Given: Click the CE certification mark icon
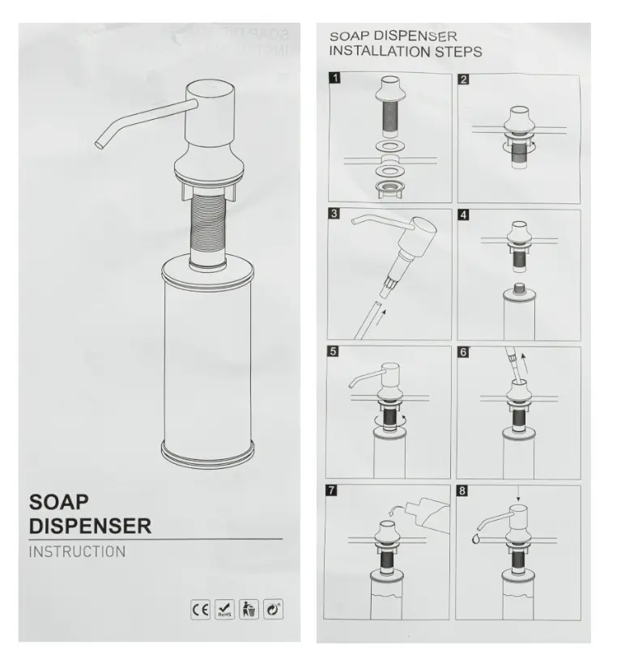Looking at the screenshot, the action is click(200, 610).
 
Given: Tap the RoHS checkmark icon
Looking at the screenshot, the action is click(224, 610).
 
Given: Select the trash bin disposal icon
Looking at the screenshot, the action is click(249, 610).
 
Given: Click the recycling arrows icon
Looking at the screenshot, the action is click(273, 610).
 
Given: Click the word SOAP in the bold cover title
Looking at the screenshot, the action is click(59, 502).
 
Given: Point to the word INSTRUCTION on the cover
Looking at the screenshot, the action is click(77, 551).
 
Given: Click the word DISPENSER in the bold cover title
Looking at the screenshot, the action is click(90, 526).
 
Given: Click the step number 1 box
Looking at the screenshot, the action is click(335, 78).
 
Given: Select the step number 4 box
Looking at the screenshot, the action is click(464, 215).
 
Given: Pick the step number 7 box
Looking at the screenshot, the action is click(331, 491).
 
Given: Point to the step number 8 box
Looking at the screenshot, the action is click(462, 491).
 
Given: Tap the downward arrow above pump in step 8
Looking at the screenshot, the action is click(518, 494).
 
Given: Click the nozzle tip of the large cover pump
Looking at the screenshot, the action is click(99, 144).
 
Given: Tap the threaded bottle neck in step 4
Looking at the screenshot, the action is click(518, 288).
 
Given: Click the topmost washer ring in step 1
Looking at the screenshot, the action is click(390, 147).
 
